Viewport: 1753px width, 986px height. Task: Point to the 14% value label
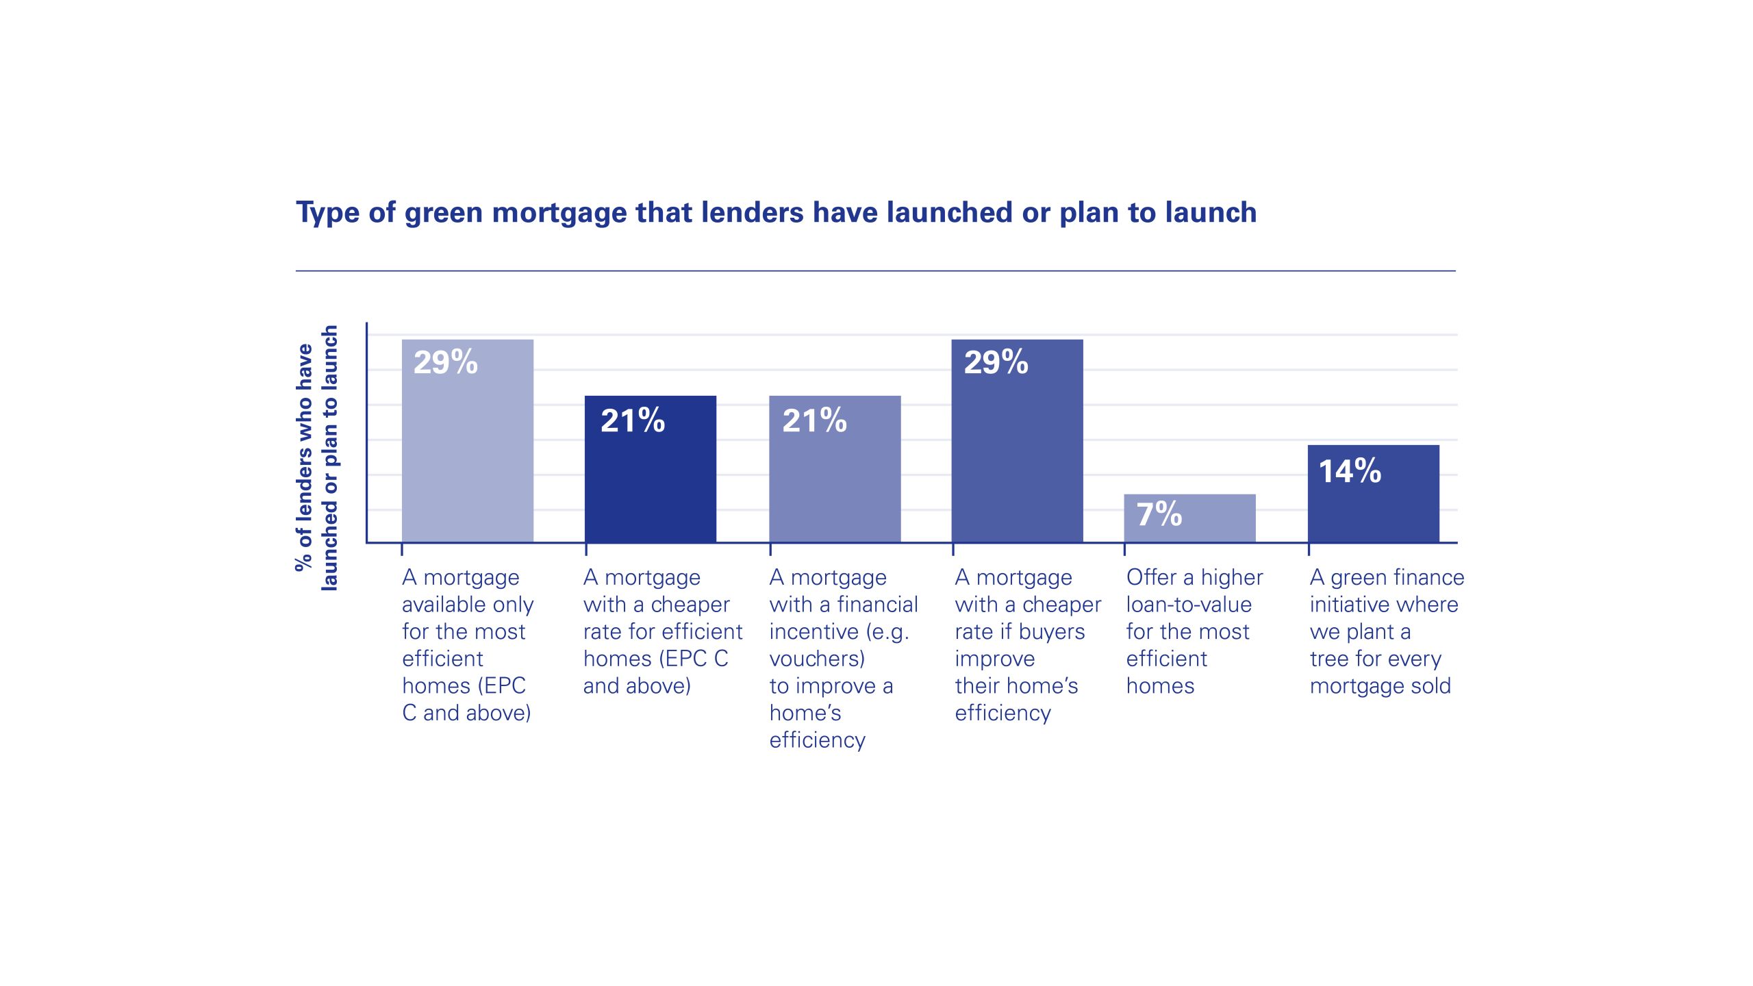(1350, 472)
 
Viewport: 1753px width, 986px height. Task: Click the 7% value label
(1159, 514)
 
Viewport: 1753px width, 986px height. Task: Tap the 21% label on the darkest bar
(632, 421)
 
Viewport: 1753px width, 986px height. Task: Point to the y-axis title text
(316, 457)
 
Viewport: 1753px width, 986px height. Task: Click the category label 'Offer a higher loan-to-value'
(1194, 591)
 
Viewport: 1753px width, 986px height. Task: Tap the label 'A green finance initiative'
(1386, 591)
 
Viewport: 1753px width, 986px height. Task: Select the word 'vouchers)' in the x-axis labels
(817, 659)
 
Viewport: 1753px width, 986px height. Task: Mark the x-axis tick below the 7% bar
(1124, 548)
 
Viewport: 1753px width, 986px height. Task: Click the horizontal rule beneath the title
(875, 271)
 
